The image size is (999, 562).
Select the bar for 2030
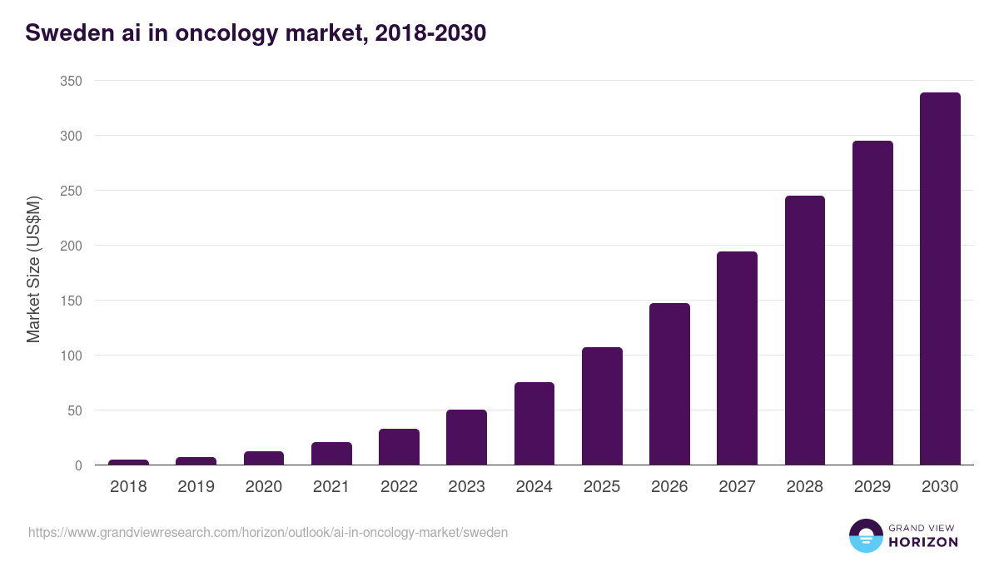coord(940,279)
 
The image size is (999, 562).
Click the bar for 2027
coord(737,358)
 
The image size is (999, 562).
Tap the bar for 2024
coord(534,423)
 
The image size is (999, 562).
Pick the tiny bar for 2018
coord(128,462)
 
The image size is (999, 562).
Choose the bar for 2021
coord(331,454)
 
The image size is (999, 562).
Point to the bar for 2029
coord(872,303)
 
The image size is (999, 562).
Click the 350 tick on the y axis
coord(71,81)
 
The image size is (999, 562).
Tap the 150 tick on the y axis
coord(71,301)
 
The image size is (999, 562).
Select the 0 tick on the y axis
coord(78,465)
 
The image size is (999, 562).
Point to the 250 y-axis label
coord(71,191)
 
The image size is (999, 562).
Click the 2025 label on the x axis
coord(602,487)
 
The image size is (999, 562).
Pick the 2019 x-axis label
coord(196,487)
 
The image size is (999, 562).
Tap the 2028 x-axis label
coord(805,487)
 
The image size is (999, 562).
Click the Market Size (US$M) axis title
coord(33,269)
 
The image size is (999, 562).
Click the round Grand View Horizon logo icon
coord(865,535)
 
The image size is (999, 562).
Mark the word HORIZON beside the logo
coord(922,542)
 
